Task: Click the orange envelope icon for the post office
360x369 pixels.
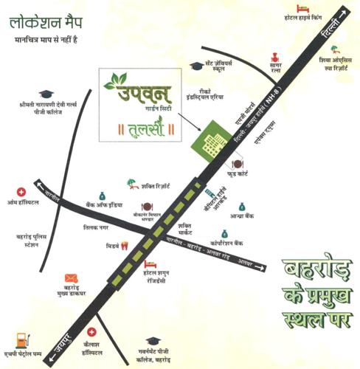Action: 71,278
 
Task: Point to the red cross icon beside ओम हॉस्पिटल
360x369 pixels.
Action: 21,192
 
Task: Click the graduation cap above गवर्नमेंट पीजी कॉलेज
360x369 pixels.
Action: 153,340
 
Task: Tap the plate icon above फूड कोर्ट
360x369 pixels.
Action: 238,164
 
